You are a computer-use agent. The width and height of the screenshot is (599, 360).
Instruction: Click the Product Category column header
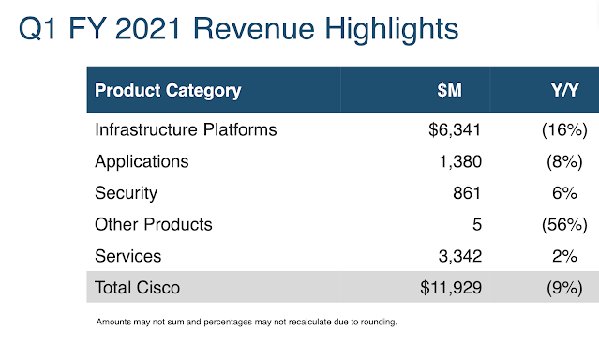click(x=168, y=91)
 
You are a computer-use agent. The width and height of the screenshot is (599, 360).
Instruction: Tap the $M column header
click(x=449, y=91)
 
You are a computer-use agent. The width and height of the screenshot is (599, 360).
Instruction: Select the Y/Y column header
click(x=564, y=91)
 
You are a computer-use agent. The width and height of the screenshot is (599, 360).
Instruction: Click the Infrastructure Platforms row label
click(x=186, y=129)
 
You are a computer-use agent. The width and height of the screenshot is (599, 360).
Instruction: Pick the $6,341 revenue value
click(x=455, y=129)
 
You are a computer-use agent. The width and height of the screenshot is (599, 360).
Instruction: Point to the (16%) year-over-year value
click(x=564, y=130)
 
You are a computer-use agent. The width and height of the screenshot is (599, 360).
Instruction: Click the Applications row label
click(x=142, y=162)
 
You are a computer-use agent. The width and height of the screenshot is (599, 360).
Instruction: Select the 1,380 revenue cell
click(x=460, y=161)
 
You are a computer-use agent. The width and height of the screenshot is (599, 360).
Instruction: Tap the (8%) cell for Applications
click(x=564, y=161)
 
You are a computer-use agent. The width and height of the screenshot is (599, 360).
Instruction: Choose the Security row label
click(x=126, y=193)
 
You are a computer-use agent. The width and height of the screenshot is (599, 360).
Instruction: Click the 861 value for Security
click(x=467, y=193)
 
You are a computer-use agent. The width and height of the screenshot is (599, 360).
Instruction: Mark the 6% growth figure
click(x=564, y=193)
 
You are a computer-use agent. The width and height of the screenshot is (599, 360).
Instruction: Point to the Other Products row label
click(x=153, y=224)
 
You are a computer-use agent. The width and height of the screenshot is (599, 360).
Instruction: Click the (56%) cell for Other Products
click(x=564, y=225)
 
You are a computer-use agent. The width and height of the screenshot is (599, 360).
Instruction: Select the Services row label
click(x=128, y=256)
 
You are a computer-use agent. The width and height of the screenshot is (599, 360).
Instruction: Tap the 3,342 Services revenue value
click(x=460, y=256)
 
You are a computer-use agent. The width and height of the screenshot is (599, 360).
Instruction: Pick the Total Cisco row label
click(x=137, y=288)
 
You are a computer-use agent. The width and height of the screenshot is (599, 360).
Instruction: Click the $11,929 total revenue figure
click(x=451, y=288)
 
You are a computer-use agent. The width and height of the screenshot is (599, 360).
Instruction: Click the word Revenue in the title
click(x=254, y=29)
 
